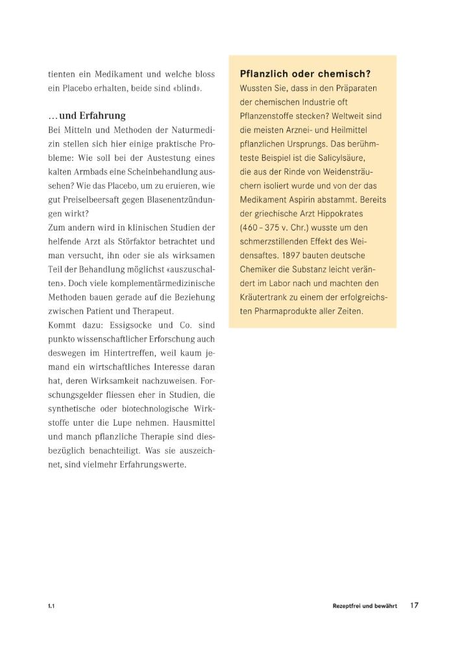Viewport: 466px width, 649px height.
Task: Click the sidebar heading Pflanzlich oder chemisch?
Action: pos(310,74)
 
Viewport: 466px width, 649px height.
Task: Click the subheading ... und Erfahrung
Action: pos(87,116)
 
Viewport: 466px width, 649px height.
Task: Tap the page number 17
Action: pos(414,605)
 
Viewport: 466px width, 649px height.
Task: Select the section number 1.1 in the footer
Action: pos(51,606)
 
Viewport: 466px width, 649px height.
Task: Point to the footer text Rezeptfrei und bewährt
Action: pos(364,606)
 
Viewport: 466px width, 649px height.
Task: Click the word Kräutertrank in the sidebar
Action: pos(265,297)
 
